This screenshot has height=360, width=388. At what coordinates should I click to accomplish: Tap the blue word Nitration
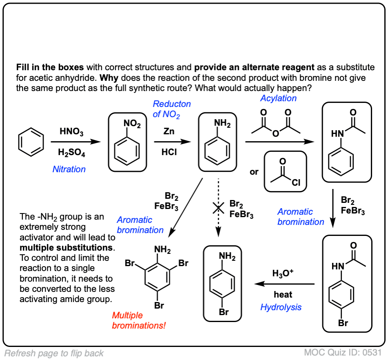[x=69, y=169]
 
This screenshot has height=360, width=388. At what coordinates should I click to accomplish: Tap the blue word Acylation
[x=279, y=98]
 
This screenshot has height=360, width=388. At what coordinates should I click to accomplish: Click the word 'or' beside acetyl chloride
[x=254, y=172]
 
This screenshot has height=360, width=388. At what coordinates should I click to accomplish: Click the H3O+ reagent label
[x=283, y=273]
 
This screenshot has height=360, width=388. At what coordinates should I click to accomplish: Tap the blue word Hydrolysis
[x=281, y=307]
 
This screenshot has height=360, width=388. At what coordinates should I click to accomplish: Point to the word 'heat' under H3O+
[x=283, y=294]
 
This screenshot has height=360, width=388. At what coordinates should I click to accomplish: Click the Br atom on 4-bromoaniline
[x=223, y=312]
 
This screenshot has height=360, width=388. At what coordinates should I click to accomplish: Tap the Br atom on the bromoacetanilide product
[x=343, y=324]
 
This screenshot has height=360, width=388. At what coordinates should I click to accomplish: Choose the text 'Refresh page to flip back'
[x=54, y=353]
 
